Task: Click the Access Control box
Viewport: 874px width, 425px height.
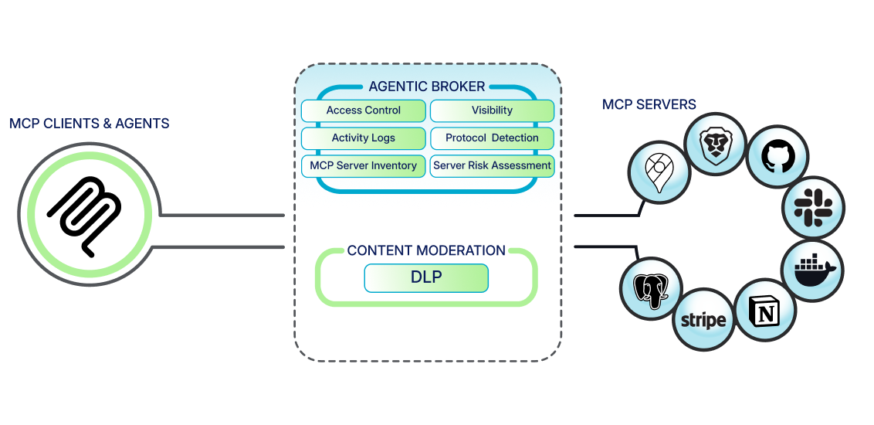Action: coord(363,110)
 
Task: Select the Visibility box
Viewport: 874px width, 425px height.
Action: coord(492,110)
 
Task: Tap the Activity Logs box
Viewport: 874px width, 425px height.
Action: coord(363,138)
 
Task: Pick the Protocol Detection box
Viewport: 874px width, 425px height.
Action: coord(492,138)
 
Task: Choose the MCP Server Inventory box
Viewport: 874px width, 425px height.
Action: coord(363,165)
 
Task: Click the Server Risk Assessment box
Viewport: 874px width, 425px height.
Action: coord(492,165)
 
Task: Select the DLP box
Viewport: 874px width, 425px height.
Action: coord(426,277)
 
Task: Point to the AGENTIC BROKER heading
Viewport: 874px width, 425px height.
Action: coord(427,87)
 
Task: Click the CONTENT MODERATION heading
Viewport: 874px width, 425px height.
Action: coord(426,251)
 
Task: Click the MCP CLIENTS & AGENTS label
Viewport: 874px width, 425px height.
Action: coord(90,124)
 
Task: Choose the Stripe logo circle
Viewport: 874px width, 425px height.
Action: coord(703,320)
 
